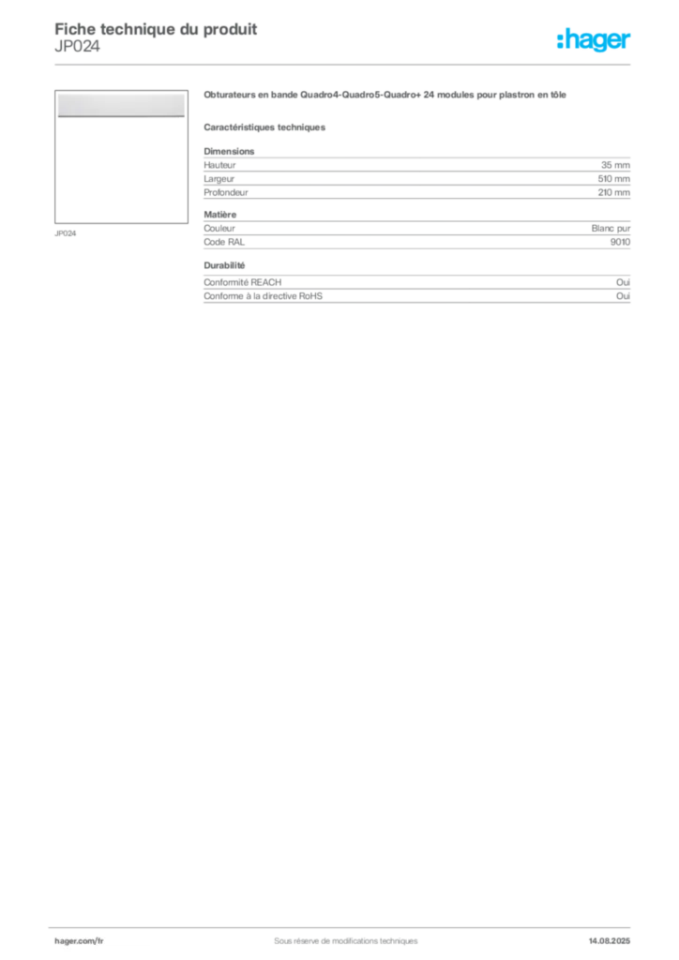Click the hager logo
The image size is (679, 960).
pyautogui.click(x=594, y=40)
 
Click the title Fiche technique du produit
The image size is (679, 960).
pyautogui.click(x=156, y=29)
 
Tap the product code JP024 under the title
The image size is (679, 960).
pyautogui.click(x=77, y=46)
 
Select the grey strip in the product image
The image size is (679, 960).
pyautogui.click(x=121, y=105)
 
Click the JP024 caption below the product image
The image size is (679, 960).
pyautogui.click(x=66, y=233)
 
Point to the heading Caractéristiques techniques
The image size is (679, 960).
pyautogui.click(x=264, y=127)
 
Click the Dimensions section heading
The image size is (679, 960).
pyautogui.click(x=229, y=151)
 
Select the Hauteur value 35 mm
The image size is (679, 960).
pyautogui.click(x=615, y=165)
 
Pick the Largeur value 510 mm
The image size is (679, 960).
pyautogui.click(x=614, y=179)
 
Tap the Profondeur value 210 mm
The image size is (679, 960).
pyautogui.click(x=614, y=192)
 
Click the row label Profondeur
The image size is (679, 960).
pyautogui.click(x=226, y=192)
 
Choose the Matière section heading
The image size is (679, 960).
pyautogui.click(x=219, y=215)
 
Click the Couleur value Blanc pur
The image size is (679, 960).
pyautogui.click(x=611, y=229)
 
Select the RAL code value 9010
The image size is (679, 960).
pyautogui.click(x=620, y=242)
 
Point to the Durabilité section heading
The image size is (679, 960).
pyautogui.click(x=224, y=265)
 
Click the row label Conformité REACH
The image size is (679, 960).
pyautogui.click(x=243, y=282)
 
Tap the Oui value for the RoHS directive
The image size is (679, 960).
pyautogui.click(x=624, y=295)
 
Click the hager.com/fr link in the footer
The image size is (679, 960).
pyautogui.click(x=79, y=941)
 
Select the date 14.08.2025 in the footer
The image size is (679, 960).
pyautogui.click(x=610, y=941)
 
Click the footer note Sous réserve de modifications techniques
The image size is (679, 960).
pyautogui.click(x=346, y=941)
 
